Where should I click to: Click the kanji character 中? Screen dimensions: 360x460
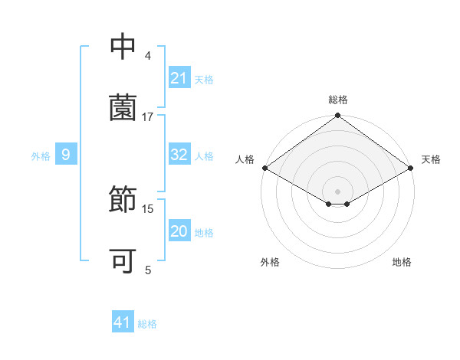point(123,47)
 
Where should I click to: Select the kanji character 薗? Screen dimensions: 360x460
point(123,108)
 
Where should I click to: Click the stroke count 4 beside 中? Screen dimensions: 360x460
point(148,56)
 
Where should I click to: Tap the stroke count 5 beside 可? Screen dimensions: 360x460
point(148,270)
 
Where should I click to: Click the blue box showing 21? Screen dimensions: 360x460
point(179,78)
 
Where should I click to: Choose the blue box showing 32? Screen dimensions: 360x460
point(179,155)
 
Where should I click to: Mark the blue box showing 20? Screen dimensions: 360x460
point(179,231)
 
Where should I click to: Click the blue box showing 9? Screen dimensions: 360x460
point(66,155)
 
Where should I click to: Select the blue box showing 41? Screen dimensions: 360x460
point(123,323)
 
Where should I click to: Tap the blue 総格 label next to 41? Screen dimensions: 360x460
point(147,324)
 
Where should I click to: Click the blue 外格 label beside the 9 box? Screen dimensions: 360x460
point(41,155)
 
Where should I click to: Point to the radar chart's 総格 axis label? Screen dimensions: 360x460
point(338,100)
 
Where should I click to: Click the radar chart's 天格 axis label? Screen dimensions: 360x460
point(432,159)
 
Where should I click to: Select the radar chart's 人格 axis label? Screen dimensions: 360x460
point(245,159)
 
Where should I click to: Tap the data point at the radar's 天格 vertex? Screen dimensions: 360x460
point(412,168)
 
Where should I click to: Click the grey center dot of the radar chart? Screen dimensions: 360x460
point(338,191)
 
